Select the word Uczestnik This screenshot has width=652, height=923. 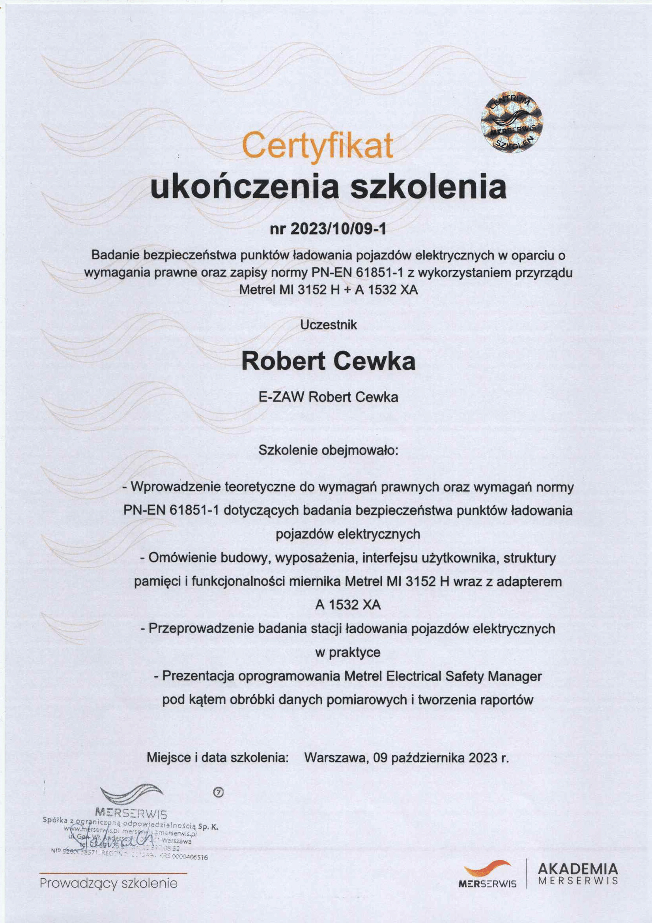tap(329, 325)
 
